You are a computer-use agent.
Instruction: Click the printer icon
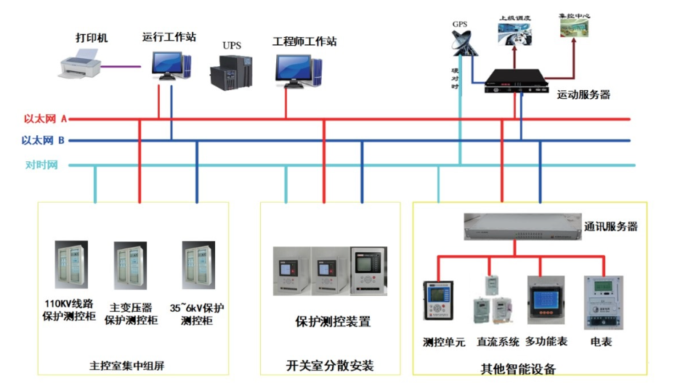pos(78,65)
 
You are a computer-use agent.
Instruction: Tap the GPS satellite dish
pos(461,44)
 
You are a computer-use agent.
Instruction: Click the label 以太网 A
pos(45,118)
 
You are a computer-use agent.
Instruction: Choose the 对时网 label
pos(41,165)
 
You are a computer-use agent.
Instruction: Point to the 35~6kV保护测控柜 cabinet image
pos(196,265)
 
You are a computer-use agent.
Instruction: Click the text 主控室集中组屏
pos(127,366)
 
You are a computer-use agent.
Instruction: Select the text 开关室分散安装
pos(331,365)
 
